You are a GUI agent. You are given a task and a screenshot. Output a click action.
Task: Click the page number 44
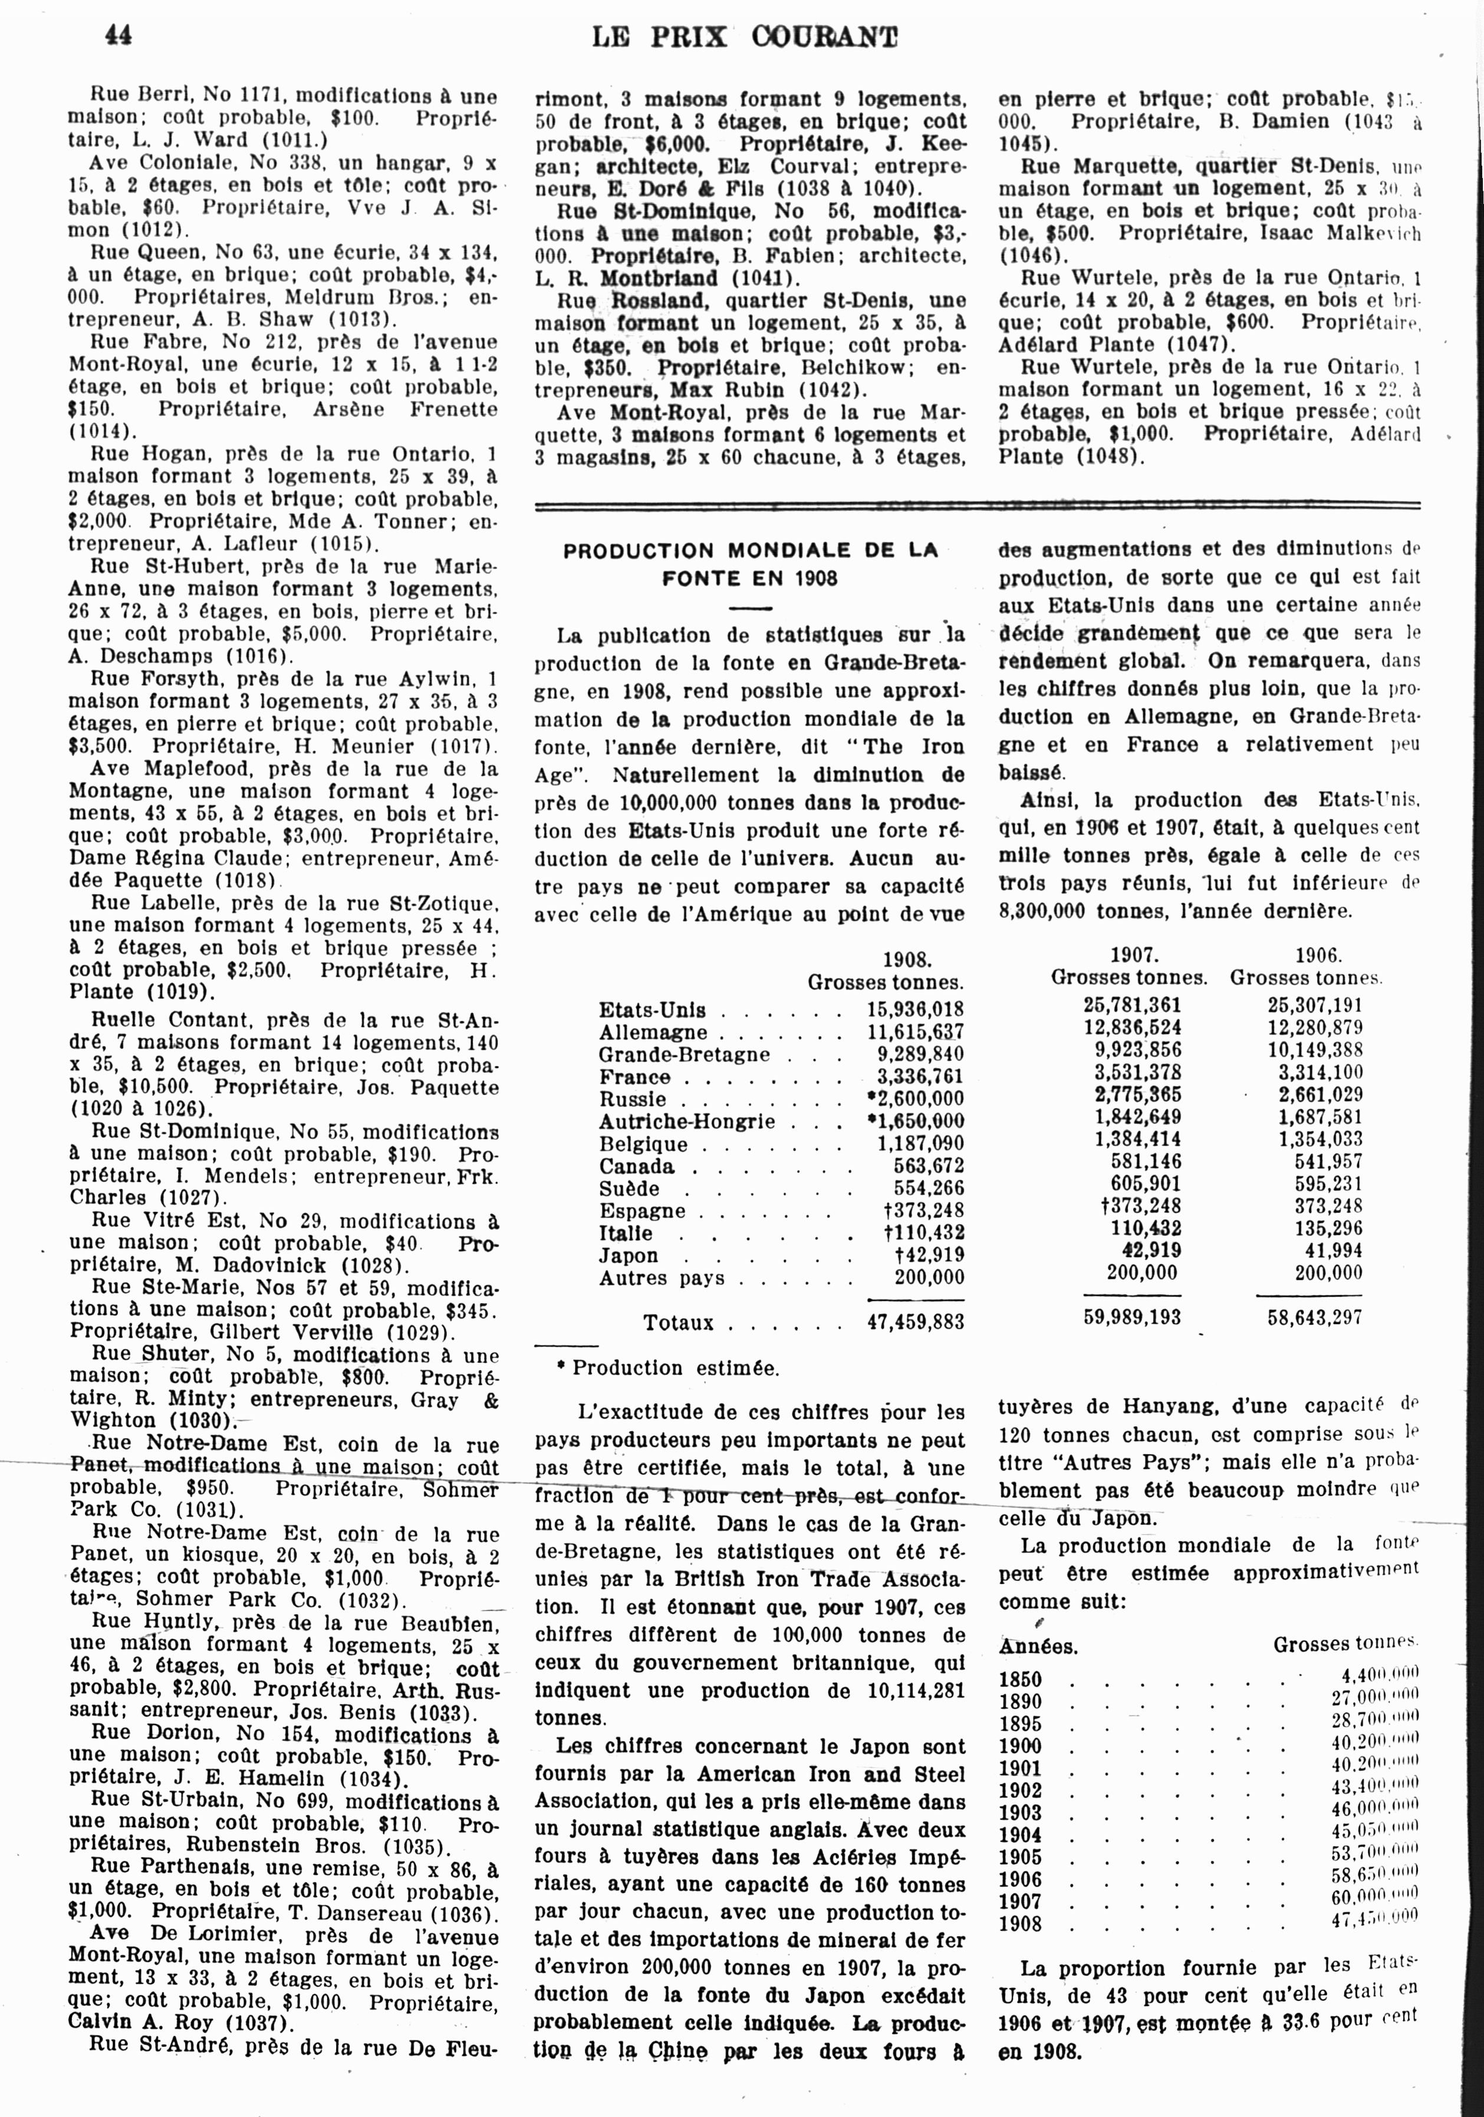(x=118, y=34)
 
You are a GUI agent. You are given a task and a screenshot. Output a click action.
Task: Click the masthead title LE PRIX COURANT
(x=743, y=37)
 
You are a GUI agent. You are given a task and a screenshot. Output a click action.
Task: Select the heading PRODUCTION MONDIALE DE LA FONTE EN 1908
(x=750, y=564)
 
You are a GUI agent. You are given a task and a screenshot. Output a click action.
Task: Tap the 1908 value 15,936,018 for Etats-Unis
(x=915, y=1010)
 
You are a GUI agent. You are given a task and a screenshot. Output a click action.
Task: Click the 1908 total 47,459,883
(x=915, y=1322)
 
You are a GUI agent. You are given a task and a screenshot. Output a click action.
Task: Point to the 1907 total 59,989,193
(x=1131, y=1317)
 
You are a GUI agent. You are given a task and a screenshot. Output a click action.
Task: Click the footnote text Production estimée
(x=675, y=1369)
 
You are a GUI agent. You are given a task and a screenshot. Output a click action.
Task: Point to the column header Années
(x=1038, y=1647)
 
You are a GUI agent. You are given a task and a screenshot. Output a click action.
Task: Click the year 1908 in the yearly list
(x=1020, y=1924)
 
